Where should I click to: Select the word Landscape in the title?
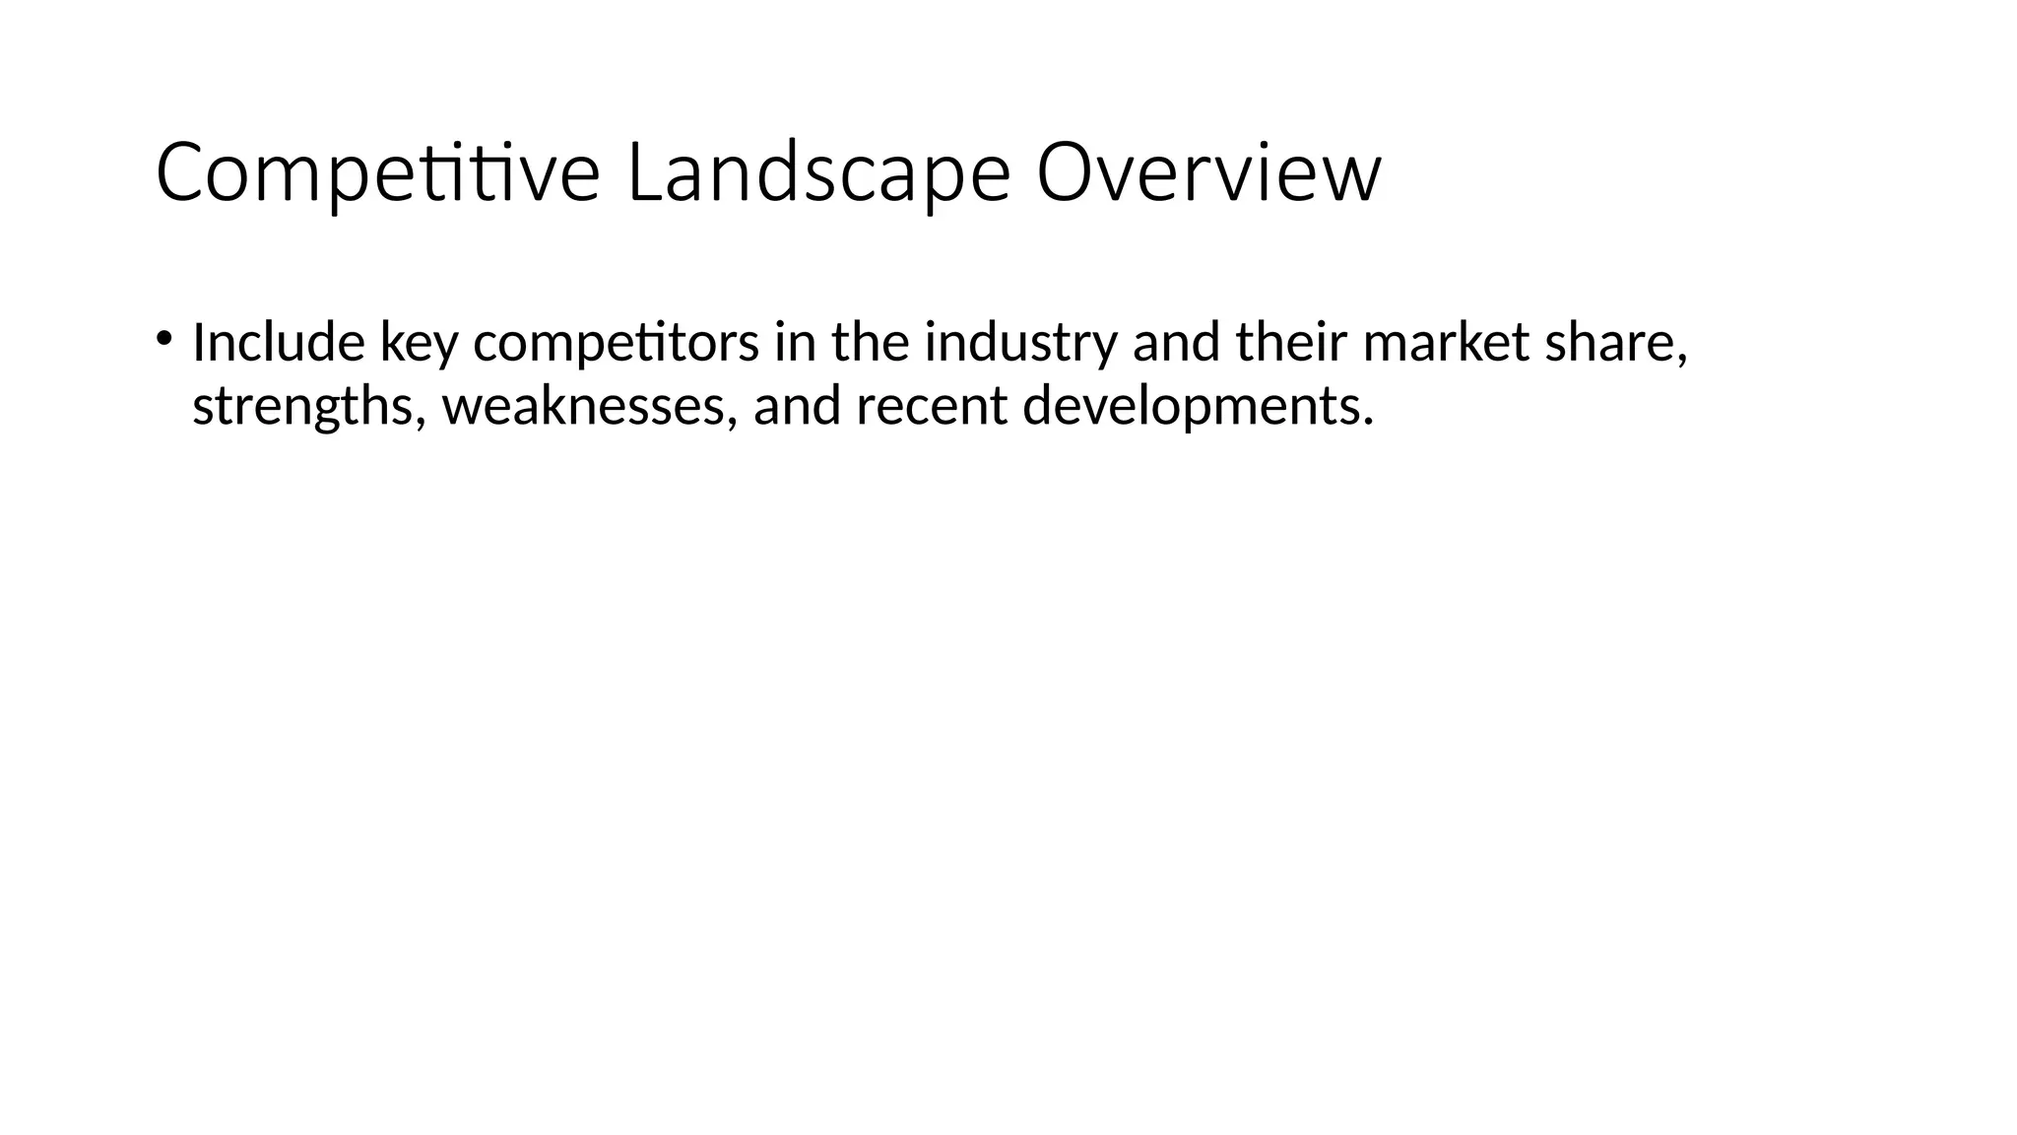pyautogui.click(x=817, y=173)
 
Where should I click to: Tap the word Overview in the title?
pyautogui.click(x=1208, y=173)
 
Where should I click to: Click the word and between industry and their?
pyautogui.click(x=1176, y=343)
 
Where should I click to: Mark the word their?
pyautogui.click(x=1292, y=343)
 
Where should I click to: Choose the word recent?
pyautogui.click(x=932, y=406)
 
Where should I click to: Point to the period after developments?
pyautogui.click(x=1367, y=422)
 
